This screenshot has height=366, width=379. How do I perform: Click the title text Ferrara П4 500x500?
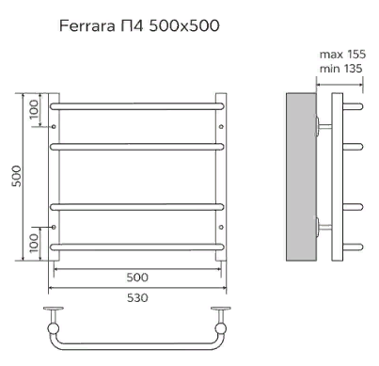point(139,26)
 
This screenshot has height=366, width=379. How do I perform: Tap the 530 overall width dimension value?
point(137,297)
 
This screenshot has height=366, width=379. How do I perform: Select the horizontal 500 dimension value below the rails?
point(137,278)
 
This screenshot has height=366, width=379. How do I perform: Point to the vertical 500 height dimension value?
point(17,176)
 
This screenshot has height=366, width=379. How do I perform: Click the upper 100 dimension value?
point(34,109)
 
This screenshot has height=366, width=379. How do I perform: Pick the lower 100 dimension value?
point(34,243)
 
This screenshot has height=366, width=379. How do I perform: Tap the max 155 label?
point(342,55)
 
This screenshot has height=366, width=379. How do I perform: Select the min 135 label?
point(340,69)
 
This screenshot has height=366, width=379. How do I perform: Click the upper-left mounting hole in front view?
point(54,127)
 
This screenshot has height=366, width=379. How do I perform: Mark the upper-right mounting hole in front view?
point(221,127)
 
